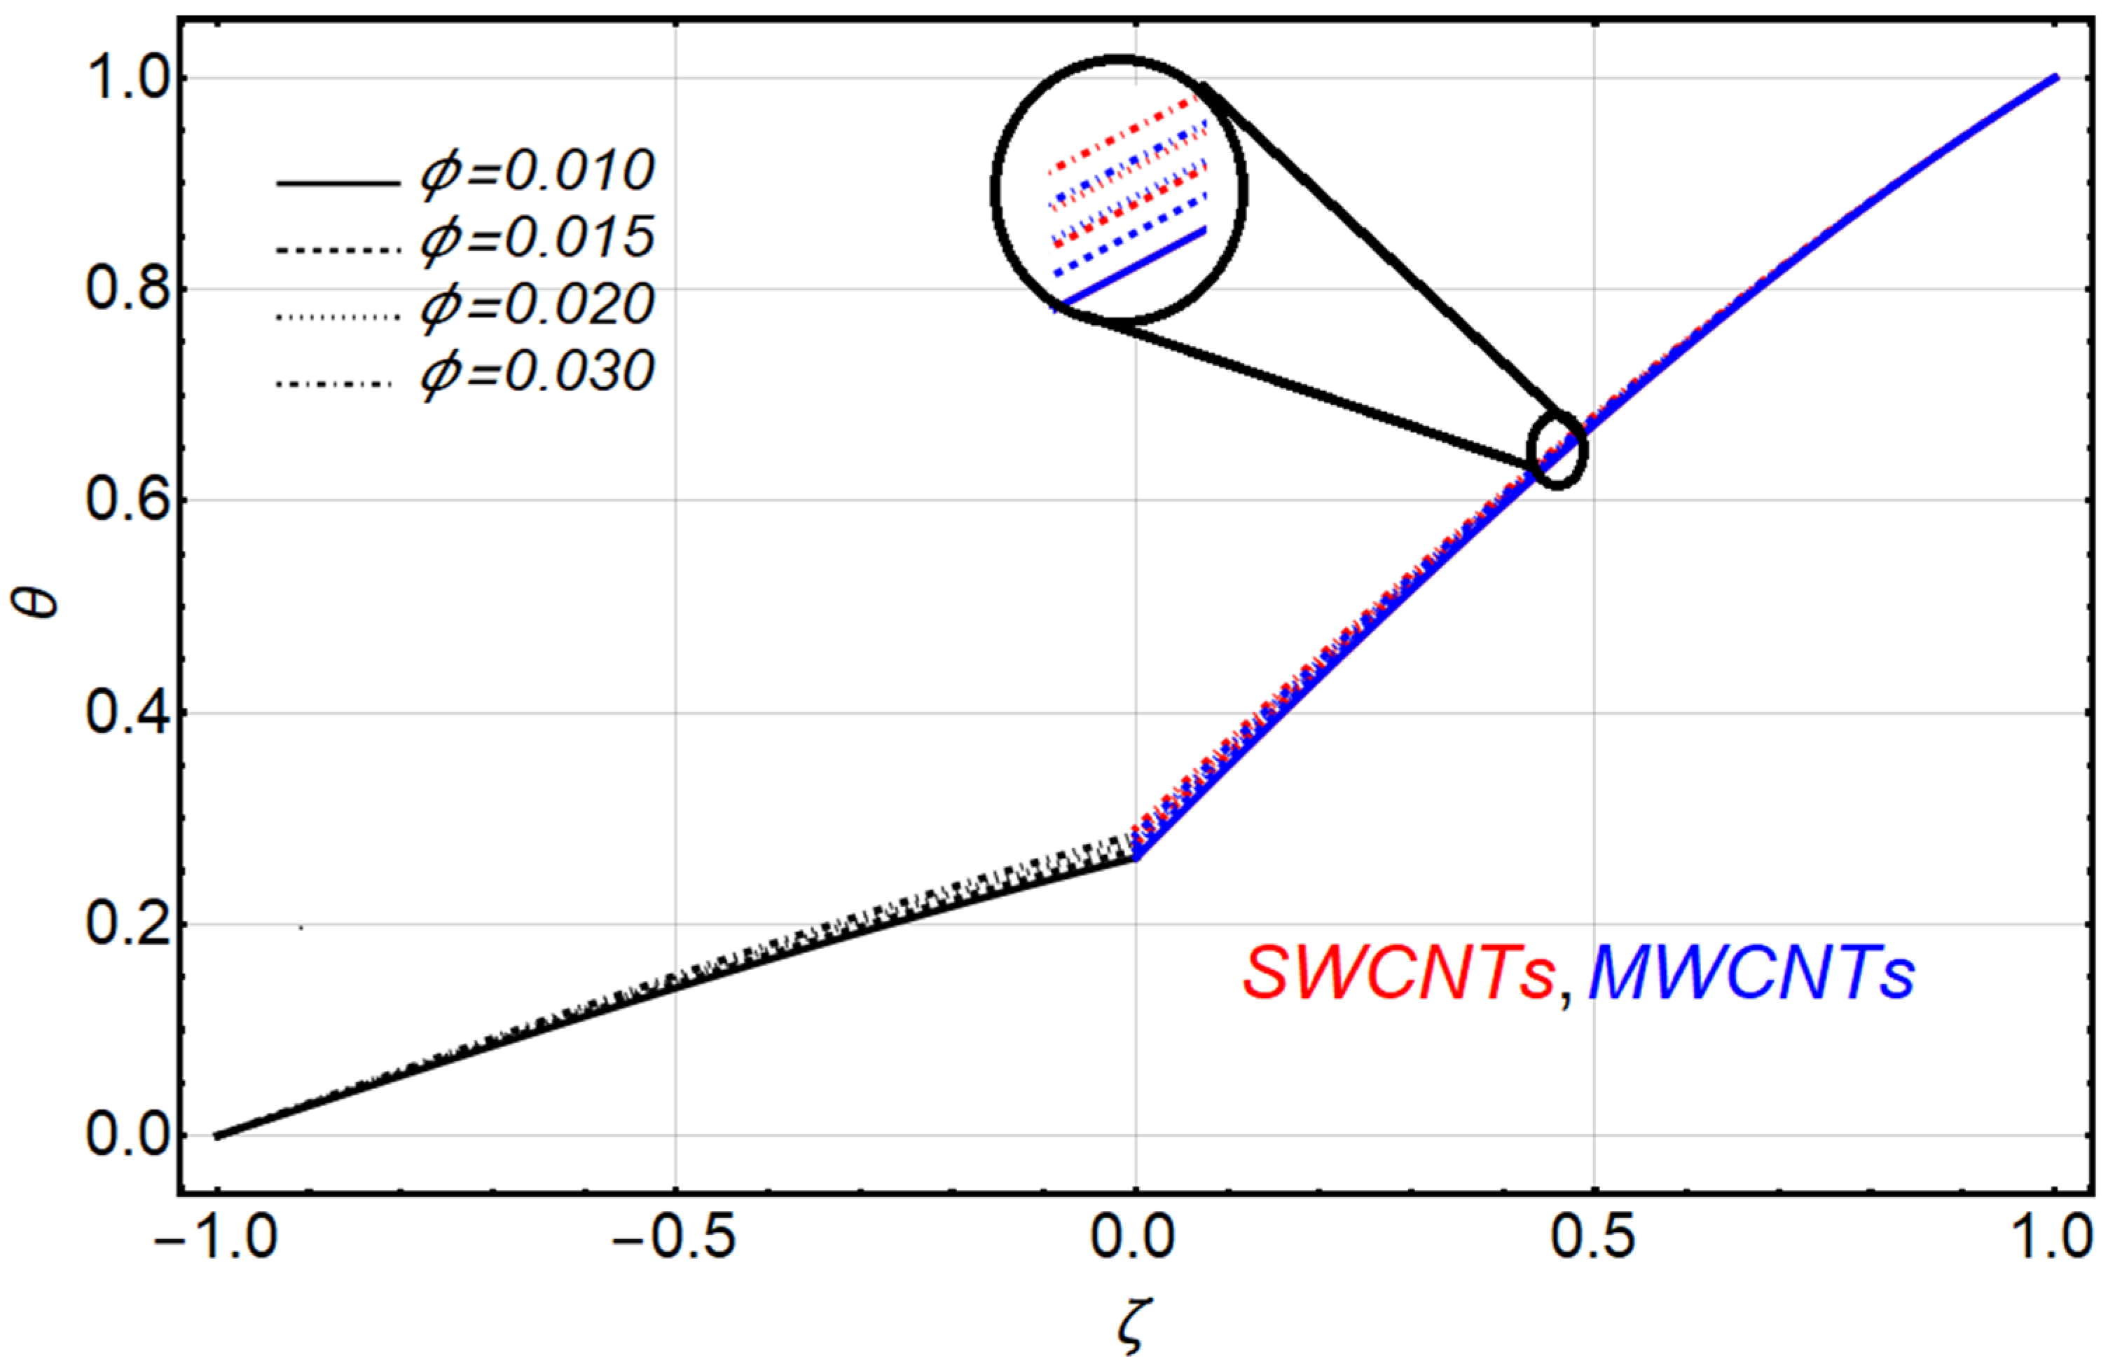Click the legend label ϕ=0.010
pyautogui.click(x=537, y=172)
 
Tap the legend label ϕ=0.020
pyautogui.click(x=537, y=306)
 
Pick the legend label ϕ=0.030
pyautogui.click(x=537, y=373)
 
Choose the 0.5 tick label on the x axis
pyautogui.click(x=1593, y=1239)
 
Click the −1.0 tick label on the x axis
pyautogui.click(x=215, y=1239)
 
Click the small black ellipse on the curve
pyautogui.click(x=1558, y=449)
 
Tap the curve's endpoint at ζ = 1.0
pyautogui.click(x=2057, y=78)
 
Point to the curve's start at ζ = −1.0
pyautogui.click(x=217, y=1135)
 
